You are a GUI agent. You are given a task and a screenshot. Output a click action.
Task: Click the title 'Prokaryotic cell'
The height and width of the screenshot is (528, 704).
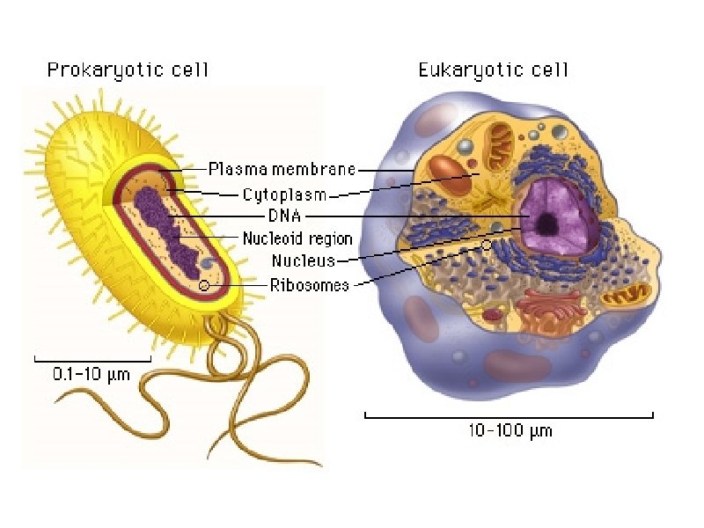(128, 70)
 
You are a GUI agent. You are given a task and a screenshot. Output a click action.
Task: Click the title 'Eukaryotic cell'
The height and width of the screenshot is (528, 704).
(493, 70)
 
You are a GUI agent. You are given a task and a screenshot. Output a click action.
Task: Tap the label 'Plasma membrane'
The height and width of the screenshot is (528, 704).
(282, 169)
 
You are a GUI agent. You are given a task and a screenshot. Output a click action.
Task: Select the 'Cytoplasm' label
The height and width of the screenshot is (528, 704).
(284, 194)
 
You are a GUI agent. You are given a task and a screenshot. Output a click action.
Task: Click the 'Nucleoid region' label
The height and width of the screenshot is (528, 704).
(297, 238)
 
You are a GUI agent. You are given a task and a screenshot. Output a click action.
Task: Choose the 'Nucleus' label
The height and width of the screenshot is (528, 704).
(303, 260)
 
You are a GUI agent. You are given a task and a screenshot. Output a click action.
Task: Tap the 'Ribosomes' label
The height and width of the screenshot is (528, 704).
(309, 284)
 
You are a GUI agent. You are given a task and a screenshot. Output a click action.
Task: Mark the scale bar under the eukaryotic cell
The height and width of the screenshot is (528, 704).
(509, 415)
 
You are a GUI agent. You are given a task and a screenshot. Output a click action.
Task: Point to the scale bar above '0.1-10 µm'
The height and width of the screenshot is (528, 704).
(92, 360)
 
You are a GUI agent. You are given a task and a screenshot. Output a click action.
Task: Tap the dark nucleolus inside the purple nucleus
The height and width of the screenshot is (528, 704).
(546, 224)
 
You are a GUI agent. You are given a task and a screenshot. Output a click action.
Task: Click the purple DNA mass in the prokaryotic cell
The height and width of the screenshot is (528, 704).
(163, 229)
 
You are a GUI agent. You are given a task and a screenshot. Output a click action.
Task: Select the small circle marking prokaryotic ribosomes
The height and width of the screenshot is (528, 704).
(204, 285)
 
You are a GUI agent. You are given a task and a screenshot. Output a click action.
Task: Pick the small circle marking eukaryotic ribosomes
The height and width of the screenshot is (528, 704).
(487, 246)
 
